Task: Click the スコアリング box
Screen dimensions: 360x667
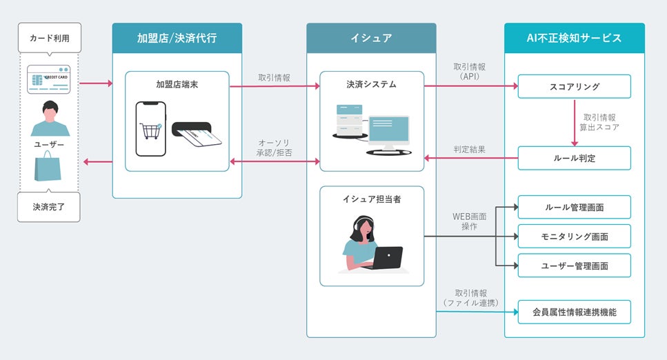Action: [x=574, y=86]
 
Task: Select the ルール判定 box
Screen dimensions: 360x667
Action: [x=574, y=158]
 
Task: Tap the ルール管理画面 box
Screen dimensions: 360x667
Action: [x=574, y=207]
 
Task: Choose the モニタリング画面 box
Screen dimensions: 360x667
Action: [x=574, y=236]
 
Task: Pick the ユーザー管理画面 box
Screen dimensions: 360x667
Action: [x=574, y=265]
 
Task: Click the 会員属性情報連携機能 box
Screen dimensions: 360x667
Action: [x=574, y=312]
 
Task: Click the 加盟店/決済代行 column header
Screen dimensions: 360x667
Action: [x=177, y=38]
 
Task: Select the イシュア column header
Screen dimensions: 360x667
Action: [x=371, y=38]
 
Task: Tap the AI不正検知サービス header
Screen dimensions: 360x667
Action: [x=574, y=38]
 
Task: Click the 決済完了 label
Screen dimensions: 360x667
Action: [x=49, y=206]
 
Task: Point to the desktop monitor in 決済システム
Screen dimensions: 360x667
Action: [x=388, y=132]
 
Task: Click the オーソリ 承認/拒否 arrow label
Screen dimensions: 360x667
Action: [x=274, y=146]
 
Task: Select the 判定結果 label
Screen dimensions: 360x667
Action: [x=470, y=148]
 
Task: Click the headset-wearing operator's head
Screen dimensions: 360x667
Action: [x=364, y=227]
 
